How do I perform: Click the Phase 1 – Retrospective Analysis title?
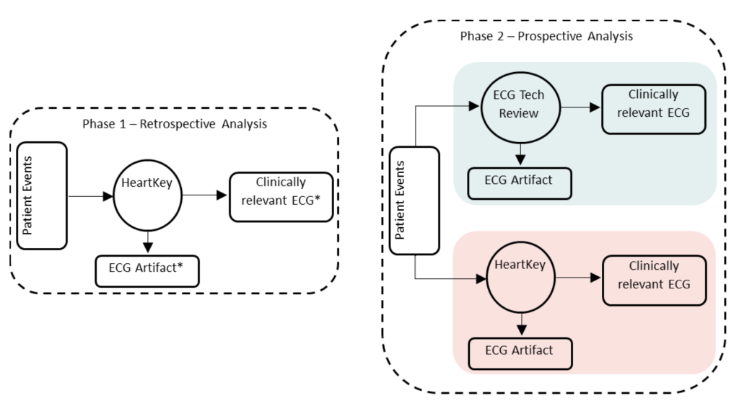[175, 124]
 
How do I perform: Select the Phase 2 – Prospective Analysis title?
[546, 36]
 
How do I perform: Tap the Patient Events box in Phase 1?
[42, 195]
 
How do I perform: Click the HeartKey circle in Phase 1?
[147, 196]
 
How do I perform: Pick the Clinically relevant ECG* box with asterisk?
[281, 197]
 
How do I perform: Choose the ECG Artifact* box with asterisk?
[147, 271]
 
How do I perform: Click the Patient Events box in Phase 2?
[415, 200]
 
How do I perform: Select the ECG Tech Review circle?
[520, 107]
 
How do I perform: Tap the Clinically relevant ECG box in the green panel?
[654, 110]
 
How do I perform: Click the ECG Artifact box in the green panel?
[520, 183]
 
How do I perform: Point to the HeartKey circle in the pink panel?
[520, 278]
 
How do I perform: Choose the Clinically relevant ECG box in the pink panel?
[654, 281]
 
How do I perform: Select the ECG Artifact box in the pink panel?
[520, 354]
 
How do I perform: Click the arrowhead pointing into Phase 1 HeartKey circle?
[108, 196]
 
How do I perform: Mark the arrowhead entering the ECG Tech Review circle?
[474, 106]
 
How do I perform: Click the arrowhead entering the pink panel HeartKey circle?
[481, 279]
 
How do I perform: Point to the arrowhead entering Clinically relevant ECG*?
[222, 195]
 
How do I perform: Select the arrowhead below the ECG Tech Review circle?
[520, 159]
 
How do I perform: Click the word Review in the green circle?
[518, 113]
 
